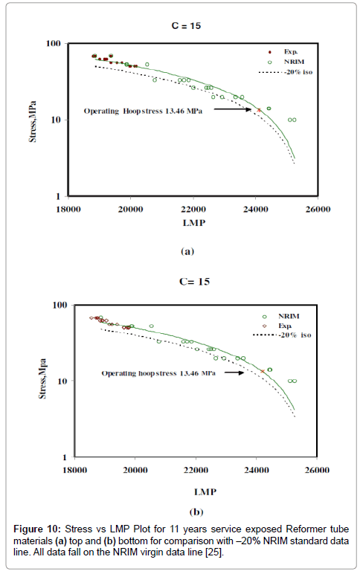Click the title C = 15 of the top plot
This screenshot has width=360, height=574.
[186, 28]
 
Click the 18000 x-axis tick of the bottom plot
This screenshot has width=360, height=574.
[74, 470]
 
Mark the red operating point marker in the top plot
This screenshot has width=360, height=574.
[259, 110]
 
